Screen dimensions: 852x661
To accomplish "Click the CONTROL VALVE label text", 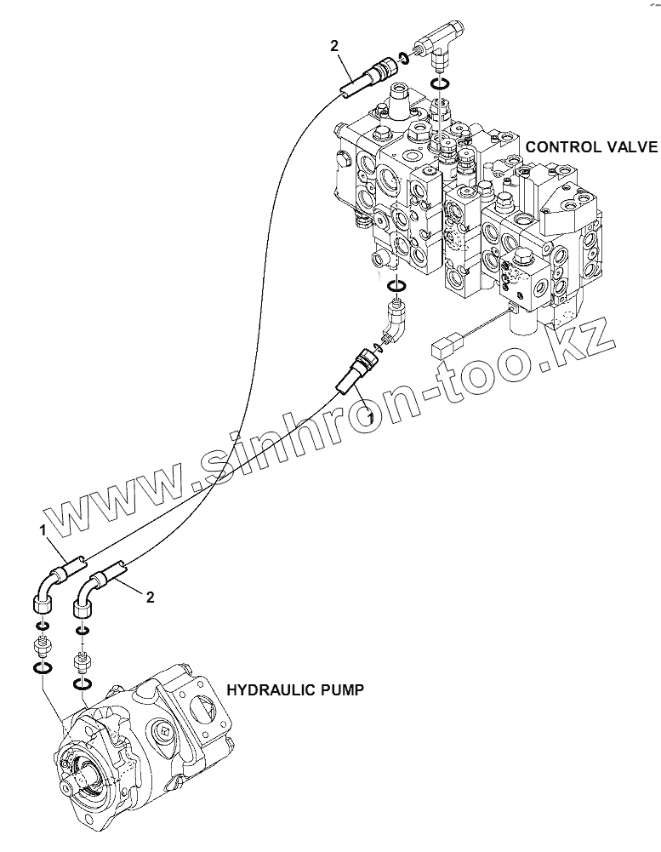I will click(591, 146).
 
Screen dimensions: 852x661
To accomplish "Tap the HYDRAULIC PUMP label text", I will click(293, 690).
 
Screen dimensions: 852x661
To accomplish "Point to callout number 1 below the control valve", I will click(369, 416).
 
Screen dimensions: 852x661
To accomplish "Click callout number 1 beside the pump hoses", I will click(41, 530).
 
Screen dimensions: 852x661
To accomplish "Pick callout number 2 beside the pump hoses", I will click(150, 598).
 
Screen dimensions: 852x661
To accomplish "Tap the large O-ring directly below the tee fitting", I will click(441, 83).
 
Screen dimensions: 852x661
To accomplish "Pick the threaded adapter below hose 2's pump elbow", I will click(82, 660).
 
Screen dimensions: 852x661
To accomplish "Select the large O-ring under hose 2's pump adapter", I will click(83, 684).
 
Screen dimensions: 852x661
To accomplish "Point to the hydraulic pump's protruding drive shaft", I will click(85, 775).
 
